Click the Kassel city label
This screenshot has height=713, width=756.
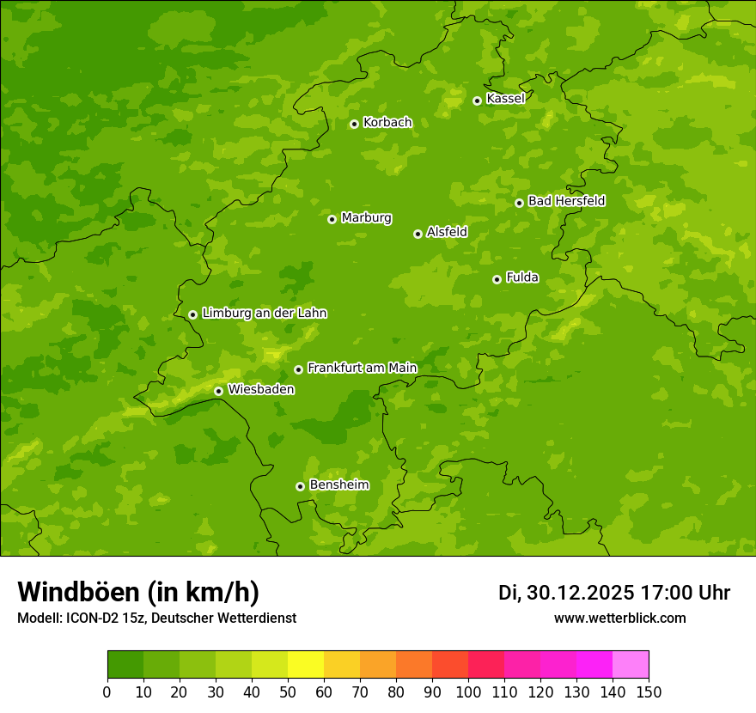click(x=505, y=99)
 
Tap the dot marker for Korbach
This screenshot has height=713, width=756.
click(x=354, y=124)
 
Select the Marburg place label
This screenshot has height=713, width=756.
click(x=366, y=218)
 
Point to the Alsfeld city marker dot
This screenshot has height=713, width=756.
click(x=418, y=234)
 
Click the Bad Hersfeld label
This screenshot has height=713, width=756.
click(x=566, y=201)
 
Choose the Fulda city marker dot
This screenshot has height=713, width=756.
click(x=497, y=279)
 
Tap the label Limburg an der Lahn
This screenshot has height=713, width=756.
click(x=264, y=314)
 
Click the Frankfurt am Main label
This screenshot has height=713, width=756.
click(x=362, y=368)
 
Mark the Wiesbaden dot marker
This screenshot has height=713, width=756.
click(x=218, y=391)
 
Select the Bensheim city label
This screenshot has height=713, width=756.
click(x=338, y=484)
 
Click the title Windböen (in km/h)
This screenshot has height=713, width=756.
click(x=138, y=592)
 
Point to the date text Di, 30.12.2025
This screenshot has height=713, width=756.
click(x=566, y=593)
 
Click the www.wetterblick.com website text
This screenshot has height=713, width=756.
click(x=619, y=618)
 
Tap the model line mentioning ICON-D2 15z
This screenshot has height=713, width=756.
click(x=156, y=618)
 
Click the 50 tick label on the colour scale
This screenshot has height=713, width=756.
click(x=288, y=692)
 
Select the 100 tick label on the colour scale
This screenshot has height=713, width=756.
click(x=468, y=692)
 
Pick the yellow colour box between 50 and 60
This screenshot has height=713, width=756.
click(x=306, y=664)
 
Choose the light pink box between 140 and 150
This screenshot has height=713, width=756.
click(x=631, y=664)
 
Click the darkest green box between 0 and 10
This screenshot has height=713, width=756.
click(x=125, y=664)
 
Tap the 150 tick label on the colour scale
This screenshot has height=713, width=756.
click(x=649, y=692)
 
